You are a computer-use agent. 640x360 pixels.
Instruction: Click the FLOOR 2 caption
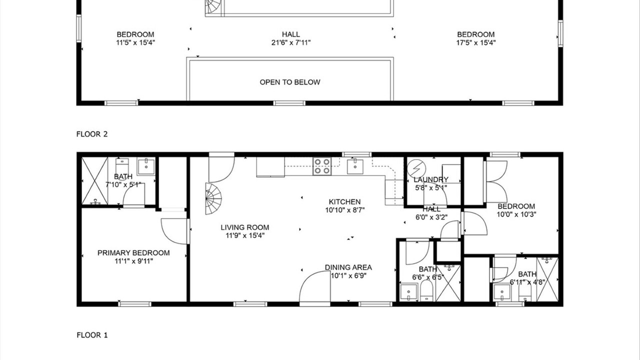pos(92,134)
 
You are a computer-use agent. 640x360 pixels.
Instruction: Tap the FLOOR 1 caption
pos(92,335)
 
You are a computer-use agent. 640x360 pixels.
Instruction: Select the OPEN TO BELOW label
pos(289,82)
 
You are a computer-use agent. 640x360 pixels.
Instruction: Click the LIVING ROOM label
pos(245,227)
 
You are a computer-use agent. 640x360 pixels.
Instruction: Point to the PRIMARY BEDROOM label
pos(133,253)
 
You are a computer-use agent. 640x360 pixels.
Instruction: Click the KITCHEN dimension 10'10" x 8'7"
pos(345,210)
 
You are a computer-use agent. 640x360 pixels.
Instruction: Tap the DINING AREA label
pos(348,267)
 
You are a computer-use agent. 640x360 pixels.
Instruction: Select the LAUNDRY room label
pos(431,179)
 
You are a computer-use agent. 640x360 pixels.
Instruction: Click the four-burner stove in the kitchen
pos(322,166)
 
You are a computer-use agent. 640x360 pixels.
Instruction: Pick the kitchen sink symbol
pos(355,166)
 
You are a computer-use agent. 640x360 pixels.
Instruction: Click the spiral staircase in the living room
pos(213,199)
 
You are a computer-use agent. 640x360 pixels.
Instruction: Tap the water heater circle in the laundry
pos(416,169)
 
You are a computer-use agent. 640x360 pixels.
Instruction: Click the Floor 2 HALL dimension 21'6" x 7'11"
pos(291,43)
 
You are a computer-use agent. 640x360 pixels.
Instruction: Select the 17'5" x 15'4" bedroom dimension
pos(475,43)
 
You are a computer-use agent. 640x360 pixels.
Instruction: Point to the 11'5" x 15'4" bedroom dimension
pos(135,43)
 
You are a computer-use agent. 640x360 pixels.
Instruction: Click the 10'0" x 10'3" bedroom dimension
pos(516,214)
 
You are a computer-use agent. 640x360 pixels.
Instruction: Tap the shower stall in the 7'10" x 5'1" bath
pos(95,181)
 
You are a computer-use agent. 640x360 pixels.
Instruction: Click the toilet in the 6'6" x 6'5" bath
pos(427,291)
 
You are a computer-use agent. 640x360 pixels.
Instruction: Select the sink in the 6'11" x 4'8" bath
pos(502,293)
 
